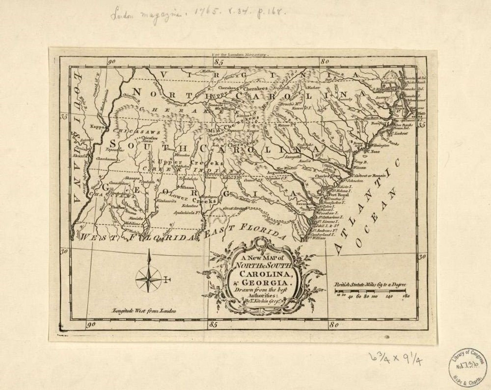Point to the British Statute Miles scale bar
coord(370,291)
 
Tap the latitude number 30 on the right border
coord(422,256)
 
